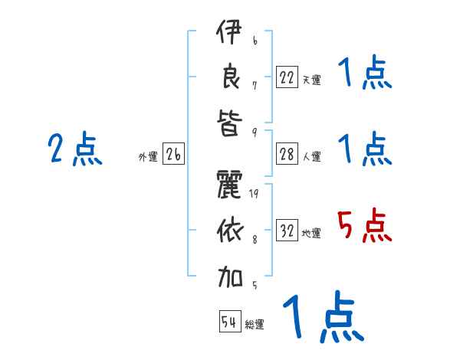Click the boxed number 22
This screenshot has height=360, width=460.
[x=287, y=77]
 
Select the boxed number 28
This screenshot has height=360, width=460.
[x=287, y=154]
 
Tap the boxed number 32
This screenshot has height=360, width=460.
[x=287, y=231]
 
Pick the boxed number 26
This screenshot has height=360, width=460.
[x=173, y=155]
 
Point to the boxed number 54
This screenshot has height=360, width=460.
[x=230, y=322]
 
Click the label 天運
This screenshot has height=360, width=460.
[x=311, y=80]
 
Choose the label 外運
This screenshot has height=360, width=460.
[x=148, y=157]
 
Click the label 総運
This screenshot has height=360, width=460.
[x=255, y=325]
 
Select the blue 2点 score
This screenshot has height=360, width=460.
[x=75, y=149]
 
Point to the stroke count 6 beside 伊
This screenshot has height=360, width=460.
[x=255, y=40]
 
